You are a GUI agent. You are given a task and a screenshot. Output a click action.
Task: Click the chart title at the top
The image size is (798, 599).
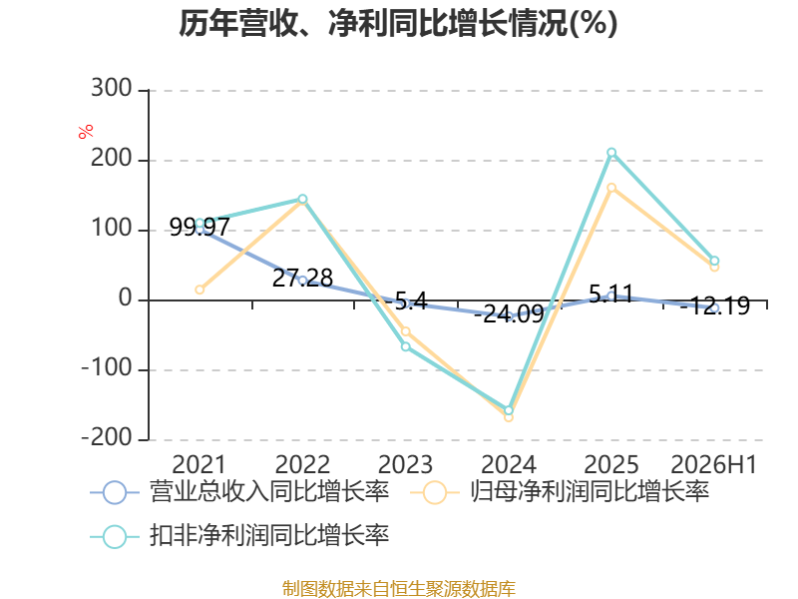[x=398, y=23]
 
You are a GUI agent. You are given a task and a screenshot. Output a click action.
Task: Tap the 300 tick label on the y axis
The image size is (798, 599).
[x=112, y=89]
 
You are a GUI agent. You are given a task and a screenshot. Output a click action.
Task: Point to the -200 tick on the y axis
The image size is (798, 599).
[x=107, y=437]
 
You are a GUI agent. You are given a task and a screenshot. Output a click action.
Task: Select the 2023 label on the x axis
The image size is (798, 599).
[x=405, y=464]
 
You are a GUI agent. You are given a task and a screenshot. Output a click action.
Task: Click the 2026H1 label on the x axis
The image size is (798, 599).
[x=714, y=464]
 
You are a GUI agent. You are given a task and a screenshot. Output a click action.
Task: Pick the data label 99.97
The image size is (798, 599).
[x=199, y=227]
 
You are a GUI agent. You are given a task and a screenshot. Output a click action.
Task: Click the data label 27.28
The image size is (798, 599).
[x=302, y=278]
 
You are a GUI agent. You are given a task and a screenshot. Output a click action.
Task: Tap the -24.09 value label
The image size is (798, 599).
[x=509, y=313]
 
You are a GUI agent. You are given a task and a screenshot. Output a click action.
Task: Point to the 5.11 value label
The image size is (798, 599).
[x=611, y=294]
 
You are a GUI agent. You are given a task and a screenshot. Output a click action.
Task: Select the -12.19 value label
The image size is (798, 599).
[x=714, y=305]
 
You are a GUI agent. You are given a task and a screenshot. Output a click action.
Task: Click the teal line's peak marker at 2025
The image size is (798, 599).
[x=611, y=153]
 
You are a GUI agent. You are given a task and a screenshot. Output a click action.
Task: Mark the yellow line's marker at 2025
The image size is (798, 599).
[x=611, y=188]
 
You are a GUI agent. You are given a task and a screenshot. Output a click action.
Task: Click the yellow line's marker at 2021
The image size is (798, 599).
[x=199, y=290]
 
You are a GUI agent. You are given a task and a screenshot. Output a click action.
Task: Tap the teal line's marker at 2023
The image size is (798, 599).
[x=406, y=346]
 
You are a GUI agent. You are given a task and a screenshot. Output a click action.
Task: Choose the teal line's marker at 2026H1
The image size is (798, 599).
[x=714, y=261]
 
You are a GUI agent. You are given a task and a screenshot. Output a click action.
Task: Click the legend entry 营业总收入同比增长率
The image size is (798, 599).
[x=239, y=492]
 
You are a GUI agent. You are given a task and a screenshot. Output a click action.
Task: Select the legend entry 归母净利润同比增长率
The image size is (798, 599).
[x=560, y=492]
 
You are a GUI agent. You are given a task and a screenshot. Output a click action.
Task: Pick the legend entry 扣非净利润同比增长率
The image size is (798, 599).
[x=239, y=536]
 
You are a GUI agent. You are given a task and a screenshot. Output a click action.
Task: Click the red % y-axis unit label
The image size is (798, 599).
[x=86, y=131]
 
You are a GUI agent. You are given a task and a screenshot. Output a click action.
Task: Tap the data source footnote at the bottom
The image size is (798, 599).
[x=399, y=588]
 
